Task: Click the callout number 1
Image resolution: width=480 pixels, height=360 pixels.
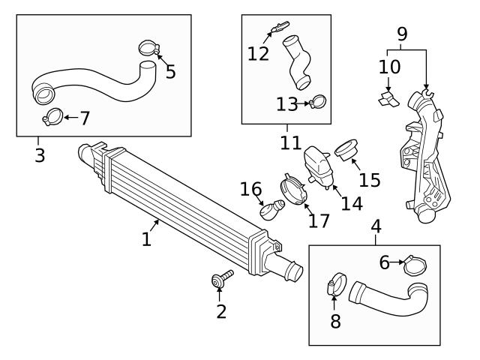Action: pyautogui.click(x=147, y=239)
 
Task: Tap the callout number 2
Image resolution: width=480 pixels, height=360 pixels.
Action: pyautogui.click(x=220, y=310)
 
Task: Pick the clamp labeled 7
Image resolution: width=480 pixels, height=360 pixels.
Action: pyautogui.click(x=53, y=116)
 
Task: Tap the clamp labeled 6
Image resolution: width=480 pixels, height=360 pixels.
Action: pyautogui.click(x=415, y=264)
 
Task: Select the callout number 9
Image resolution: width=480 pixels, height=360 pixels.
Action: pyautogui.click(x=402, y=33)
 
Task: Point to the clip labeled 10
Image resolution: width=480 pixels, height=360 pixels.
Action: pyautogui.click(x=387, y=97)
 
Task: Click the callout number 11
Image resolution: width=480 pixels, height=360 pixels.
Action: pyautogui.click(x=286, y=142)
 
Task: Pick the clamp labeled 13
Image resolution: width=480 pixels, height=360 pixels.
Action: pyautogui.click(x=318, y=101)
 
